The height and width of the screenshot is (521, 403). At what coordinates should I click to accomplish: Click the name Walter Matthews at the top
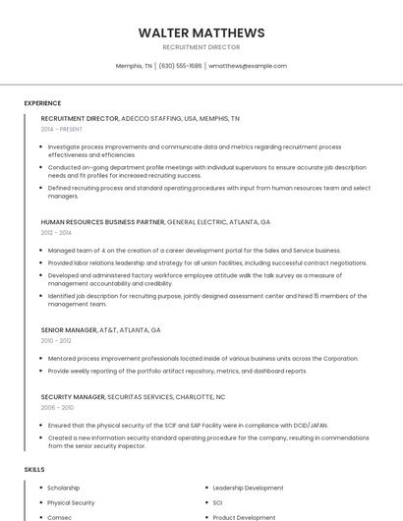pyautogui.click(x=201, y=32)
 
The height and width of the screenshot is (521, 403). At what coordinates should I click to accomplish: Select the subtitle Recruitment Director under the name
pyautogui.click(x=201, y=47)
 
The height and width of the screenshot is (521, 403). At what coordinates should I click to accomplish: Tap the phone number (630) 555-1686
pyautogui.click(x=180, y=66)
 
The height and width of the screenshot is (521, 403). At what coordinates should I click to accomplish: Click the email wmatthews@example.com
pyautogui.click(x=248, y=66)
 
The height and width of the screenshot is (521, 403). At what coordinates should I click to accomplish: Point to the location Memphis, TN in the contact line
pyautogui.click(x=134, y=66)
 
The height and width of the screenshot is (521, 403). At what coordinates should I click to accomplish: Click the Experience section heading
pyautogui.click(x=42, y=103)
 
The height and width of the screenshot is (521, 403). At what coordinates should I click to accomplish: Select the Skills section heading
pyautogui.click(x=34, y=470)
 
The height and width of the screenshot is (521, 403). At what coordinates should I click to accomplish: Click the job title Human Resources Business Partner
pyautogui.click(x=103, y=222)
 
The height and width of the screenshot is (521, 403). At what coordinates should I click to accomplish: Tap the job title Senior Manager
pyautogui.click(x=69, y=330)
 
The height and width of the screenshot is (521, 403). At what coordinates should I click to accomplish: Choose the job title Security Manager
pyautogui.click(x=72, y=397)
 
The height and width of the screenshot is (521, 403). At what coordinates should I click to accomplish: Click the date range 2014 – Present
pyautogui.click(x=62, y=129)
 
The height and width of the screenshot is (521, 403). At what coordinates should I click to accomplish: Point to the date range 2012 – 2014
pyautogui.click(x=56, y=233)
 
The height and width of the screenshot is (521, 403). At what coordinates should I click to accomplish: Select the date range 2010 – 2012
pyautogui.click(x=56, y=341)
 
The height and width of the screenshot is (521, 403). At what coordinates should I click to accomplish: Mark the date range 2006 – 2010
pyautogui.click(x=57, y=407)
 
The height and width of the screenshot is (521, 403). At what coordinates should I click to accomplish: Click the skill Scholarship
pyautogui.click(x=64, y=488)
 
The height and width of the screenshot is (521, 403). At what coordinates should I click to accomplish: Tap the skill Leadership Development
pyautogui.click(x=248, y=488)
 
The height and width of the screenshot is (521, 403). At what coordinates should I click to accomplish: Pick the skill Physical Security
pyautogui.click(x=71, y=502)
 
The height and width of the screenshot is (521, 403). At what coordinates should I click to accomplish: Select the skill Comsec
pyautogui.click(x=59, y=517)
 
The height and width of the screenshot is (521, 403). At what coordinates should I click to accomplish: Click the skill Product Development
pyautogui.click(x=244, y=517)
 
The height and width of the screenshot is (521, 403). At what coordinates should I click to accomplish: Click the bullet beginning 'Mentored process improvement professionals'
pyautogui.click(x=202, y=359)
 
